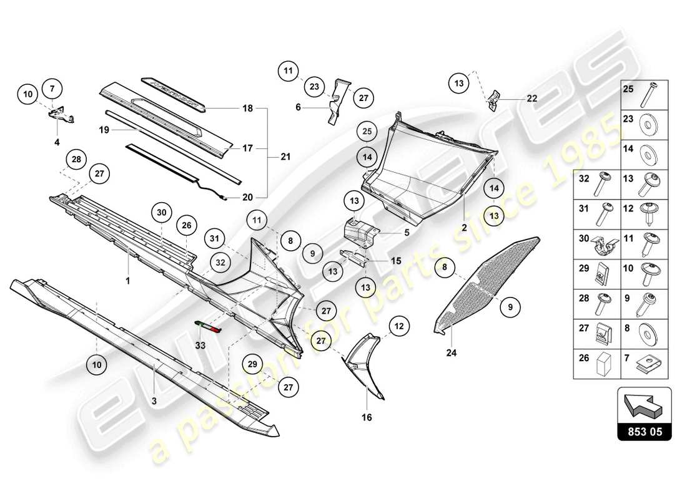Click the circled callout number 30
coord(162,213)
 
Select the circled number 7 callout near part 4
coord(52,89)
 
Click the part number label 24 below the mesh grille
coord(452,354)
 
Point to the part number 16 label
coord(367,417)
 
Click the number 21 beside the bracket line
coord(285,157)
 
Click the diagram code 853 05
coord(644,431)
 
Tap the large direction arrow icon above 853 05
coord(644,405)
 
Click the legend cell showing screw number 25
coord(644,95)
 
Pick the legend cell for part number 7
coord(644,365)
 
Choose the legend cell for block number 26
coord(597,365)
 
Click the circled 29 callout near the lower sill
coord(252,364)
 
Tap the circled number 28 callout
coord(76,160)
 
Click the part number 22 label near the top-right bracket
coord(531,99)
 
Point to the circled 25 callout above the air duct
coord(367,132)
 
